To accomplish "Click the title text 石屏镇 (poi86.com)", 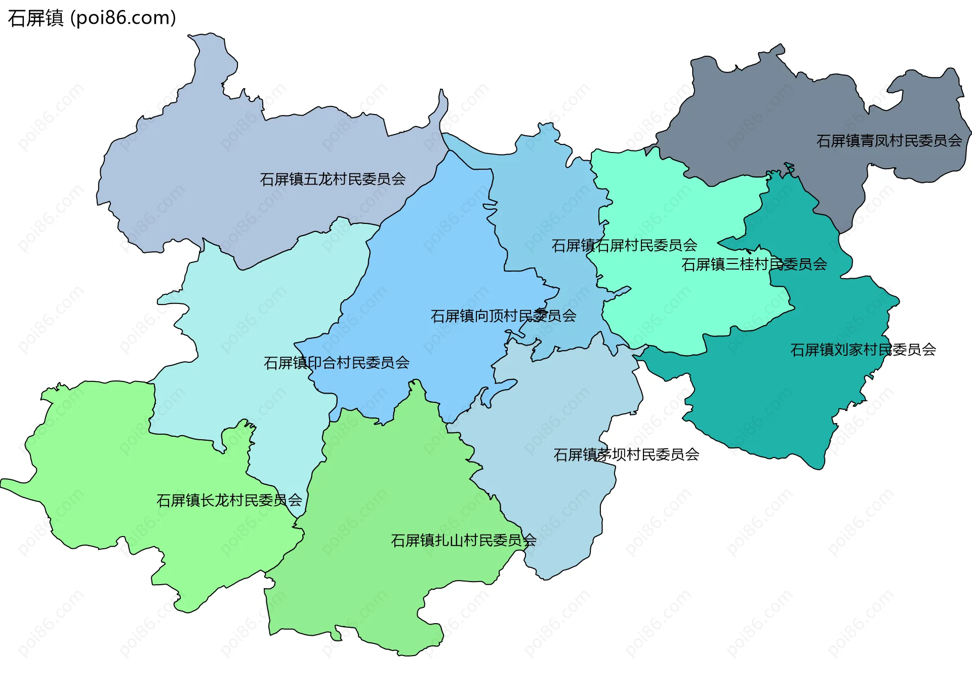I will point(92,18).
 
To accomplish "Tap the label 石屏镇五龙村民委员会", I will point(333,179).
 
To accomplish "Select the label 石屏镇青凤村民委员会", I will point(889,141).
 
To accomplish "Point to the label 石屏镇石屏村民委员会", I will point(624,246).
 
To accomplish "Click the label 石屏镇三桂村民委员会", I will point(754,264).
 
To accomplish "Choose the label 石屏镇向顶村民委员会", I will point(503,316).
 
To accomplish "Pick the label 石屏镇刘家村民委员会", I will point(863,350).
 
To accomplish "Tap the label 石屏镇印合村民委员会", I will point(337,363).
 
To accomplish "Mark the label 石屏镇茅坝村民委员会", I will point(626,455).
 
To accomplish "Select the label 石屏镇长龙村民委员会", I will point(229,501).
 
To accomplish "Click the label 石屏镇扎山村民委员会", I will point(463,541).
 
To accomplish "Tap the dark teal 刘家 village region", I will point(769,405).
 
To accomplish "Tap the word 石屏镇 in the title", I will point(35,18).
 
